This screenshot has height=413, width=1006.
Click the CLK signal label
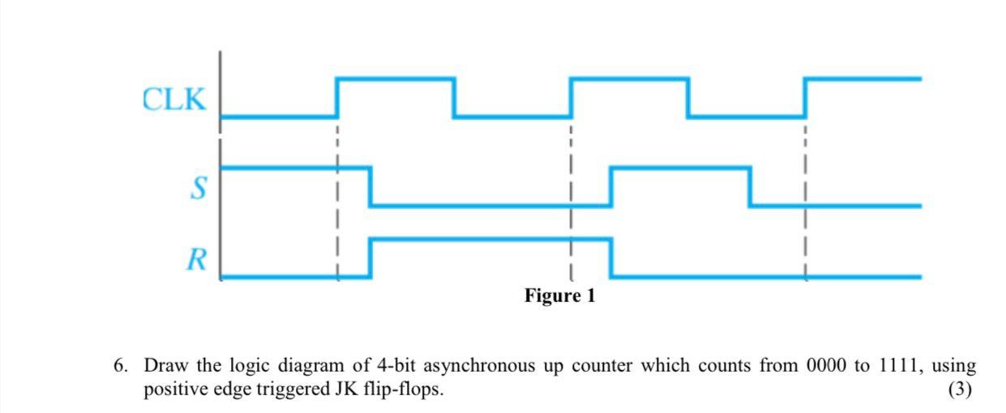click(x=174, y=100)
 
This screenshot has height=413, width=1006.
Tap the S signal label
click(x=197, y=189)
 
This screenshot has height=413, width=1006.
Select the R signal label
click(x=195, y=260)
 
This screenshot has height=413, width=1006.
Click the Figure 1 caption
click(x=559, y=296)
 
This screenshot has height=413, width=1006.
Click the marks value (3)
click(x=960, y=390)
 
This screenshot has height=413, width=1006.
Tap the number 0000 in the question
click(x=826, y=366)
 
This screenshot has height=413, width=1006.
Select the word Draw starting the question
click(x=162, y=366)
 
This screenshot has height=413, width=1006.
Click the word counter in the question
click(x=602, y=366)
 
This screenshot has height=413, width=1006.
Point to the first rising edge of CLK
click(x=337, y=98)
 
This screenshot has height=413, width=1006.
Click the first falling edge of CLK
click(x=454, y=98)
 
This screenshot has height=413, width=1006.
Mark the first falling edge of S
click(x=370, y=187)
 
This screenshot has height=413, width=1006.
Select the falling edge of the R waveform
click(x=610, y=258)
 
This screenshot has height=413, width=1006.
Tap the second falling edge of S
click(x=750, y=187)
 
